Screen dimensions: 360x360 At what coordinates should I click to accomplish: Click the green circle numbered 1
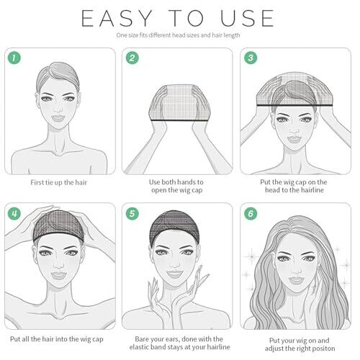click(14, 58)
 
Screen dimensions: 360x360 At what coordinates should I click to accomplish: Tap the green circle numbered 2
click(132, 58)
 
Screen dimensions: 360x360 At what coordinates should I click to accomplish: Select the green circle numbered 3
click(251, 58)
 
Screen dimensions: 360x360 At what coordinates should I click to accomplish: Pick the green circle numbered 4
click(14, 213)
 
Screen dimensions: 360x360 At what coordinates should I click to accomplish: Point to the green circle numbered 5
click(132, 213)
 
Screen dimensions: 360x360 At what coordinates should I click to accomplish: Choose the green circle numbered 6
click(251, 213)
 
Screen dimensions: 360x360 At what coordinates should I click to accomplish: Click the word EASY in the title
click(117, 18)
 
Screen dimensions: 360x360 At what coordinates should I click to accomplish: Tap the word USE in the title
click(247, 18)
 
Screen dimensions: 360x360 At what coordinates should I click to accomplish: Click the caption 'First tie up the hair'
click(59, 183)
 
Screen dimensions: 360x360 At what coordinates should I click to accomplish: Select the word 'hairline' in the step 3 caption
click(311, 190)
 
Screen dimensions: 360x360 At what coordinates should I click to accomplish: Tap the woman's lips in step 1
click(58, 118)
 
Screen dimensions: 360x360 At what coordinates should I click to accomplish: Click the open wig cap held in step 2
click(178, 102)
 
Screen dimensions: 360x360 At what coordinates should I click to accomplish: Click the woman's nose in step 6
click(296, 270)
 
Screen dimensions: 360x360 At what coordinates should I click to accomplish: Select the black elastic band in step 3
click(294, 105)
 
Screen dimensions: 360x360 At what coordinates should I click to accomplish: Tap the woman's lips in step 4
click(58, 275)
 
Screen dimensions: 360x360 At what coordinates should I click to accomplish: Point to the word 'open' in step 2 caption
click(159, 191)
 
